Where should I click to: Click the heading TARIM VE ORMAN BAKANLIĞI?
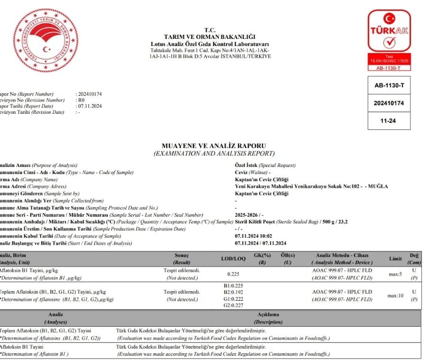[209, 37]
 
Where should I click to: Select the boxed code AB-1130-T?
[389, 85]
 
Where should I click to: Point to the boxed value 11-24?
[389, 120]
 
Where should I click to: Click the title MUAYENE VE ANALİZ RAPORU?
[214, 146]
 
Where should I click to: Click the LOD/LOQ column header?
[233, 259]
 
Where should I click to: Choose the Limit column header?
[395, 259]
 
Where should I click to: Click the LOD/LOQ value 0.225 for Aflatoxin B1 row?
[233, 274]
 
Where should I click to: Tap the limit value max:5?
[395, 274]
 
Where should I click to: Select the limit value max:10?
[395, 295]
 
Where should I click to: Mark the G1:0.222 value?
[232, 299]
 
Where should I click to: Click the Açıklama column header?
[268, 314]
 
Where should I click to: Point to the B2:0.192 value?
[232, 292]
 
